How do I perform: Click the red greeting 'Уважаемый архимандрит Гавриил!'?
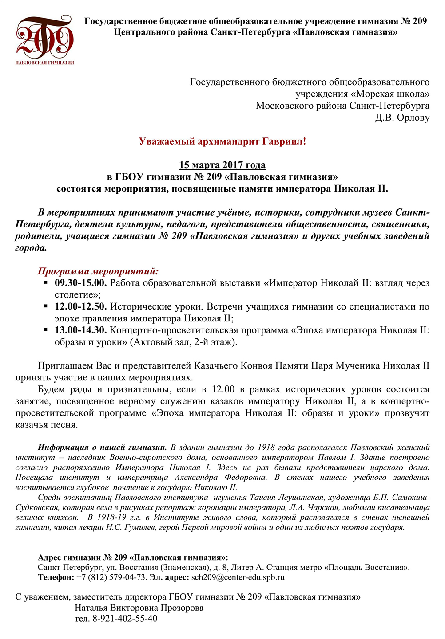(222, 141)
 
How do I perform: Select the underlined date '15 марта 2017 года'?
(222, 165)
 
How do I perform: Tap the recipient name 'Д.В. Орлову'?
(402, 118)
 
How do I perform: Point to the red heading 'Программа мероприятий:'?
(98, 271)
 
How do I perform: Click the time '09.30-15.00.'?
(80, 283)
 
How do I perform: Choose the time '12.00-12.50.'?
(80, 306)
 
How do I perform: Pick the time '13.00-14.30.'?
(80, 330)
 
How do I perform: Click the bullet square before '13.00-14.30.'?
(45, 329)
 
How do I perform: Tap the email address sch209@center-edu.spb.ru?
(237, 577)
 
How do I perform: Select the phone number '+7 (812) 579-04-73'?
(111, 577)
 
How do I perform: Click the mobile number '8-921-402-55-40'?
(124, 618)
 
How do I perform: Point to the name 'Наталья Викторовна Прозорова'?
(139, 608)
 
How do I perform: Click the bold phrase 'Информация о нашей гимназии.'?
(102, 447)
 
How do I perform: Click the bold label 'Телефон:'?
(56, 577)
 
